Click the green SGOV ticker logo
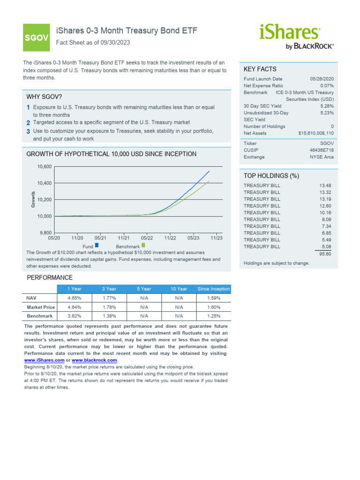[x=37, y=37]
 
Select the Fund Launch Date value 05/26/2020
[x=322, y=79]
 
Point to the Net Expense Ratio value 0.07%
[x=327, y=86]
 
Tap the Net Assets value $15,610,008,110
[x=316, y=134]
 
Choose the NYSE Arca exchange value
[x=322, y=157]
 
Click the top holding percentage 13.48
[x=325, y=186]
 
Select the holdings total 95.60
[x=325, y=254]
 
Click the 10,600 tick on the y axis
[x=44, y=166]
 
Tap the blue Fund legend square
[x=97, y=245]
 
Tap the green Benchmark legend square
[x=143, y=245]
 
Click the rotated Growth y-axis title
[x=33, y=200]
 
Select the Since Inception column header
[x=213, y=289]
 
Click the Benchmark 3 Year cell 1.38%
[x=109, y=316]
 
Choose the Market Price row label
[x=40, y=307]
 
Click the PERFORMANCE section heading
[x=50, y=277]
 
